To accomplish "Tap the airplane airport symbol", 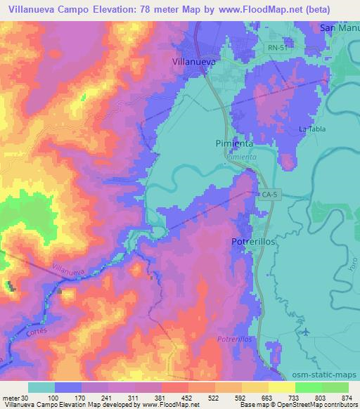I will [x=304, y=331].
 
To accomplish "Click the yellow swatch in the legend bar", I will [x=281, y=387].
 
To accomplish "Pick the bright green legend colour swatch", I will [x=307, y=387].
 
